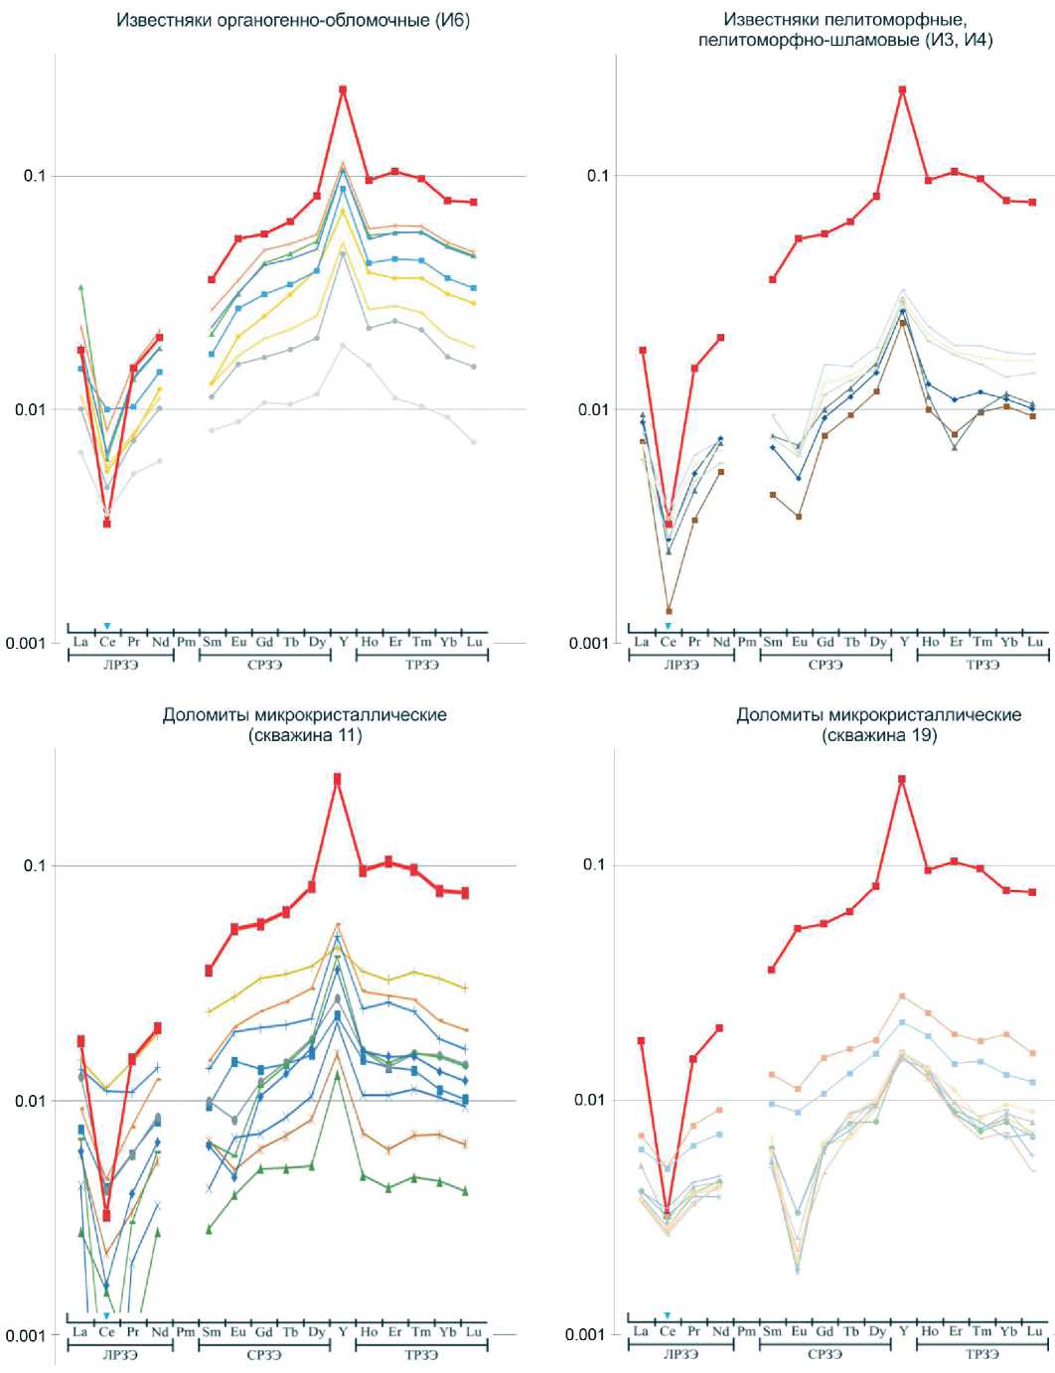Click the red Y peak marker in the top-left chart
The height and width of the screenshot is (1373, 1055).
(x=343, y=89)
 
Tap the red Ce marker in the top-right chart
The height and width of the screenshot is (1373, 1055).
(x=669, y=524)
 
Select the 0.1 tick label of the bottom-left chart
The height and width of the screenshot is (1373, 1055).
(x=35, y=865)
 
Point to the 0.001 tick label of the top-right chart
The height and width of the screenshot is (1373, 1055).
(x=588, y=643)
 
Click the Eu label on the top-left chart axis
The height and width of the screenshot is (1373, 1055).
(x=238, y=642)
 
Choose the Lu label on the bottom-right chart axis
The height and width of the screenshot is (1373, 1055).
(x=1034, y=1331)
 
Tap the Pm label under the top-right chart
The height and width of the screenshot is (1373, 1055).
(x=747, y=642)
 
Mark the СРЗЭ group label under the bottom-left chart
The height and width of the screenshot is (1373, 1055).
(x=264, y=1354)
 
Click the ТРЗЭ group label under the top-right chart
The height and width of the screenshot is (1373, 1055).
(x=982, y=665)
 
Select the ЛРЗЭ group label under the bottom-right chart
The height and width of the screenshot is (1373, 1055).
(x=680, y=1354)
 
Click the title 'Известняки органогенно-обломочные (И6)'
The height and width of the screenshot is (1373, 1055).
(x=293, y=20)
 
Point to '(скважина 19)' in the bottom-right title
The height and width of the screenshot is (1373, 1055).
(x=878, y=735)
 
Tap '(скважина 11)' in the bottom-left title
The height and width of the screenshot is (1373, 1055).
(x=305, y=735)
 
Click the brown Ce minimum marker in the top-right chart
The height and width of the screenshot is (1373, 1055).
(x=669, y=611)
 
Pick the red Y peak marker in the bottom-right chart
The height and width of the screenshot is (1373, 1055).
(x=902, y=779)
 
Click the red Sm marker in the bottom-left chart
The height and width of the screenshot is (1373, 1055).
(x=210, y=970)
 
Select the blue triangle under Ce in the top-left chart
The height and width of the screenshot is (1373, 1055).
(x=106, y=626)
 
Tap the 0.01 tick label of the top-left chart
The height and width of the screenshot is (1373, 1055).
(x=35, y=409)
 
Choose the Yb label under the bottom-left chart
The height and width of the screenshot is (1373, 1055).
(x=448, y=1331)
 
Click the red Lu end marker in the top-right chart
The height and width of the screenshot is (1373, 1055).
(x=1032, y=202)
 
